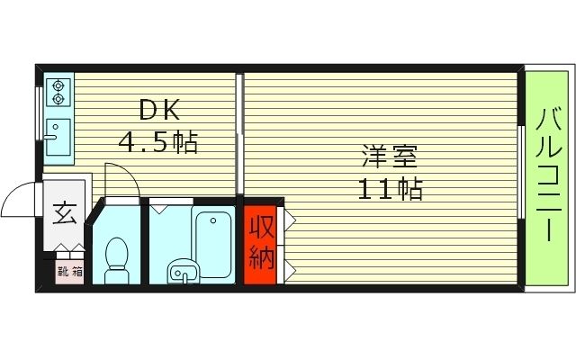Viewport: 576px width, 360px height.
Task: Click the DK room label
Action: [x=161, y=111]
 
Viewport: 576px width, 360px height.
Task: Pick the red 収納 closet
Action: [x=260, y=245]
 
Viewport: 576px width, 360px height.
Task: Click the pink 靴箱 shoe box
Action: [x=67, y=270]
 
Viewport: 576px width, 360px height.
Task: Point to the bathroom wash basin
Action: [x=184, y=269]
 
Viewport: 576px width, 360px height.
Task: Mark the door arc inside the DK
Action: [x=121, y=180]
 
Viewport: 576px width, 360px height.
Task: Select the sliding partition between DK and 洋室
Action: [x=239, y=135]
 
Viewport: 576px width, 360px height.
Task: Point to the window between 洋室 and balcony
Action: [x=522, y=171]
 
